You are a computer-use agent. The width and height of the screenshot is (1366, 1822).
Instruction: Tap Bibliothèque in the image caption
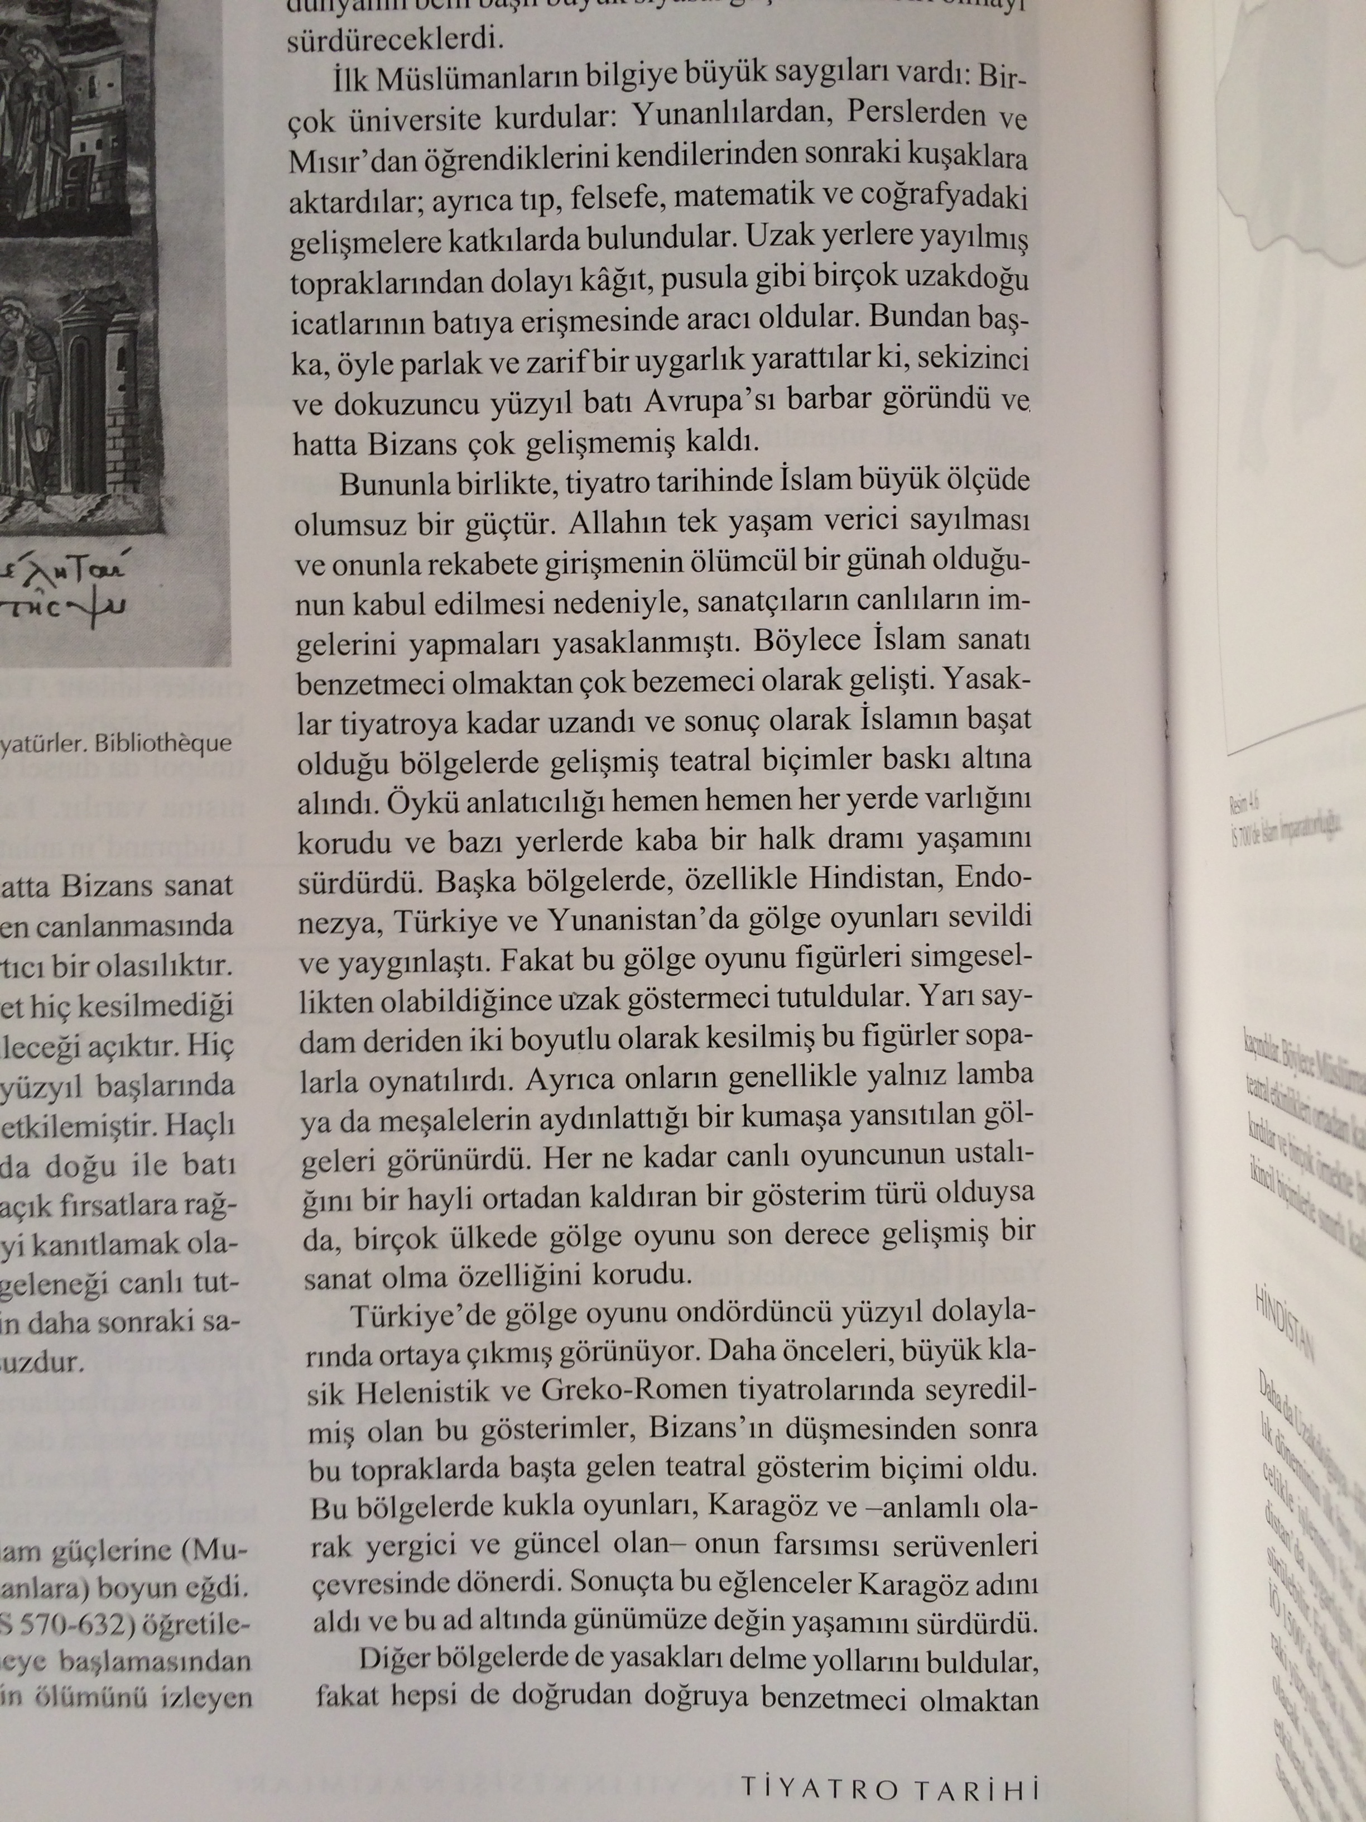point(163,744)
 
